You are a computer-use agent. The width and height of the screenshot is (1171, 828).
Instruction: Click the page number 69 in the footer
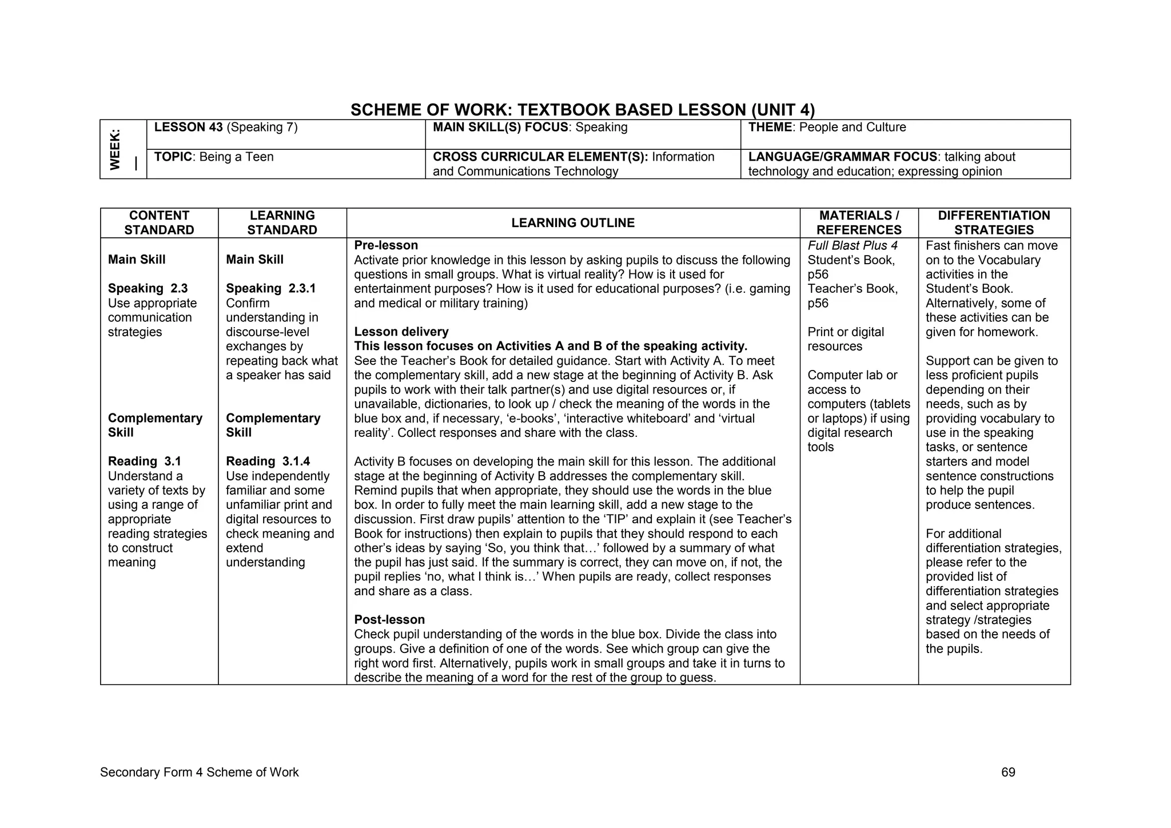[x=1008, y=773]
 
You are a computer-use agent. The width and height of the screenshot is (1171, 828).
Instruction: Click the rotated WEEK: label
[x=115, y=149]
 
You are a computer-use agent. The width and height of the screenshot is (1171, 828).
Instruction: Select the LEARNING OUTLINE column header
[x=573, y=223]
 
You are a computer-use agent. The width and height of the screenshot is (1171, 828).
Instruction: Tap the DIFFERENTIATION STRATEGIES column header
[x=994, y=223]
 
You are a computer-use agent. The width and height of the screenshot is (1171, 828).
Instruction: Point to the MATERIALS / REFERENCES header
[x=859, y=223]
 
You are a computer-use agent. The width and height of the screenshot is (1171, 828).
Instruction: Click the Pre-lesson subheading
[x=386, y=245]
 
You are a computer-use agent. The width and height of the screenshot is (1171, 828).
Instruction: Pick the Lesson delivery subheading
[x=401, y=332]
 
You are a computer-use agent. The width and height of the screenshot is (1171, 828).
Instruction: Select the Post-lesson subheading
[x=389, y=620]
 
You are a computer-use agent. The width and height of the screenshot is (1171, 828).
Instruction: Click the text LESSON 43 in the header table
[x=188, y=128]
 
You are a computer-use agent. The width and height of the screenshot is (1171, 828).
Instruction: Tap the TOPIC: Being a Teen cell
[x=214, y=157]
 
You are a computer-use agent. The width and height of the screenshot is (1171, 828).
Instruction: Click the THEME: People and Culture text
[x=827, y=128]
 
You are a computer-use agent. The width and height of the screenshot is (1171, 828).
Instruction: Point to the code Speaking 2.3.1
[x=270, y=289]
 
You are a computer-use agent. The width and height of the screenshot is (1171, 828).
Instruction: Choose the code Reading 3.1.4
[x=268, y=461]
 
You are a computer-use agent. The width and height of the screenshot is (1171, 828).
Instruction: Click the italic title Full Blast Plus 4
[x=853, y=246]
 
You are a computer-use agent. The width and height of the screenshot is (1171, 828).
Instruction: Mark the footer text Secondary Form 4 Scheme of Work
[x=199, y=773]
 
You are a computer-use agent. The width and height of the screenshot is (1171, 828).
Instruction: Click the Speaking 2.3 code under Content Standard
[x=148, y=289]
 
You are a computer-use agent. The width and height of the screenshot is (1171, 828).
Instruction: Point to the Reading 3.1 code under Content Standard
[x=145, y=461]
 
